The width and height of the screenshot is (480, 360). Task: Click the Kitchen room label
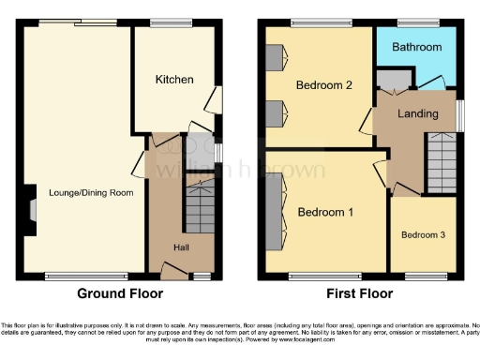click(x=174, y=80)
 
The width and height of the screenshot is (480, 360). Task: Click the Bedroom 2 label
click(x=323, y=85)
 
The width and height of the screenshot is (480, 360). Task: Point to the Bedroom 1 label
click(x=325, y=212)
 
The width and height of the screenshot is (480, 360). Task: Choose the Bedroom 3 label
click(x=424, y=234)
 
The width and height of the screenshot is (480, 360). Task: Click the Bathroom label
click(x=416, y=46)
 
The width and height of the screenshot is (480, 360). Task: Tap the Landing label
click(x=417, y=114)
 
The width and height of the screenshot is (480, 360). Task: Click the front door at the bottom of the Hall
click(x=174, y=271)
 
